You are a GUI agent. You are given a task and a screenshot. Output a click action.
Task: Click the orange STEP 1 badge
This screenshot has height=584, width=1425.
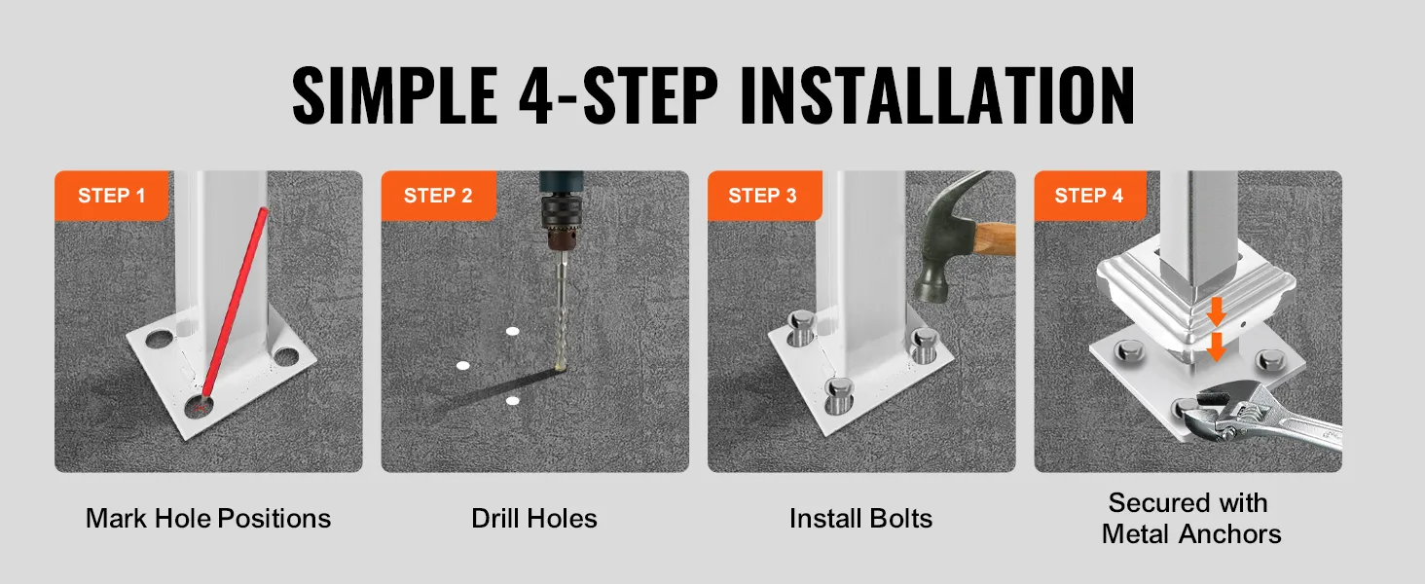coord(111,196)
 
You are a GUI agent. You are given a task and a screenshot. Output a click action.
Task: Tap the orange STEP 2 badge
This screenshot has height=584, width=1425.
coord(438,196)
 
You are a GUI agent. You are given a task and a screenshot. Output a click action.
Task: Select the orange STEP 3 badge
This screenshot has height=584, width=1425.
coord(765,196)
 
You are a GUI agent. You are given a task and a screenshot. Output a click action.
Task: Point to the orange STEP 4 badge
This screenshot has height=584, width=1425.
coord(1090,196)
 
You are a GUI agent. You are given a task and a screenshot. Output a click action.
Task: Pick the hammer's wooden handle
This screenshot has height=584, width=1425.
coord(994,239)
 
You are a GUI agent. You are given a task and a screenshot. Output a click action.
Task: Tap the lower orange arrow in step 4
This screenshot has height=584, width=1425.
coord(1217,347)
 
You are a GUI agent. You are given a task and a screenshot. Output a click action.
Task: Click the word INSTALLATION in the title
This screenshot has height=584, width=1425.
coord(937,96)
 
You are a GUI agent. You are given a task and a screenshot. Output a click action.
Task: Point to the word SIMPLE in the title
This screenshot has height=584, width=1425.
coord(394,96)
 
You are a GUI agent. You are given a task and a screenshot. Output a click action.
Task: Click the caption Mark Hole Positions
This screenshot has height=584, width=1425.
coord(208,519)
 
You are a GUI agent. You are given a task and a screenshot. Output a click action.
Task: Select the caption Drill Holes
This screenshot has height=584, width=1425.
coord(534,519)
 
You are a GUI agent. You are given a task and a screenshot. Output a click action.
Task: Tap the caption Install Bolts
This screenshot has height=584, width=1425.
coord(860,519)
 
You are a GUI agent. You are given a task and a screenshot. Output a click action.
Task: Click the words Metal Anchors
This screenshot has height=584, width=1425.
coord(1191,534)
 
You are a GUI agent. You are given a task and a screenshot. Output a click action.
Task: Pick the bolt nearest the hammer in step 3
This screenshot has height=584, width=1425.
coord(925,345)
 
